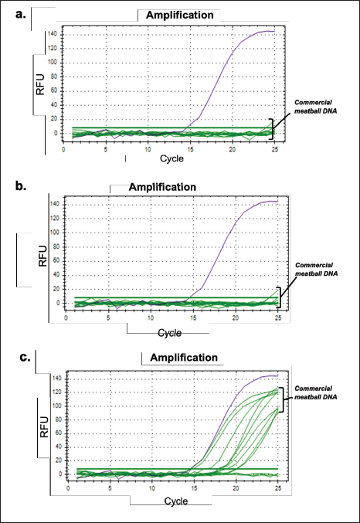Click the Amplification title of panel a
pyautogui.click(x=179, y=15)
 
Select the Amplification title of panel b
pyautogui.click(x=162, y=187)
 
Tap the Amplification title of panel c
pyautogui.click(x=184, y=358)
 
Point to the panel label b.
pyautogui.click(x=21, y=185)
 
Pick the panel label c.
pyautogui.click(x=25, y=357)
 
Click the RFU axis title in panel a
pyautogui.click(x=40, y=85)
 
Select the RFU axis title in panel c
pyautogui.click(x=44, y=427)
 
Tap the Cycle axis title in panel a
pyautogui.click(x=172, y=158)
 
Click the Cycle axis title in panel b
pyautogui.click(x=170, y=333)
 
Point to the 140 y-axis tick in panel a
pyautogui.click(x=52, y=34)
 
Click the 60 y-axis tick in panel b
pyautogui.click(x=56, y=261)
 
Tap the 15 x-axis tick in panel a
pyautogui.click(x=190, y=149)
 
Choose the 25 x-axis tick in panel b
pyautogui.click(x=278, y=318)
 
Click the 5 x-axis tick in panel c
pyautogui.click(x=110, y=488)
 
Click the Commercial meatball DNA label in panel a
pyautogui.click(x=316, y=107)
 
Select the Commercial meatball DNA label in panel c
pyautogui.click(x=316, y=392)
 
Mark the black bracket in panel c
pyautogui.click(x=283, y=399)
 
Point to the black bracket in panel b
pyautogui.click(x=280, y=297)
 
